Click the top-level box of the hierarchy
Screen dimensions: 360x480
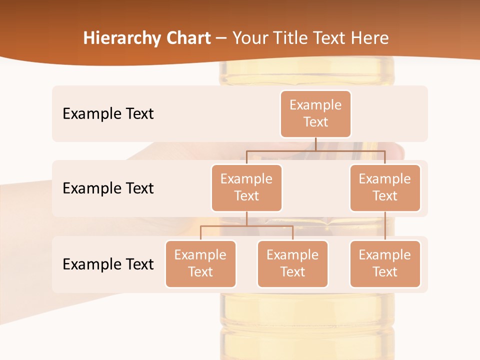315,113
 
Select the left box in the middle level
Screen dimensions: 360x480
246,187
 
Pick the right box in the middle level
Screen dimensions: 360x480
385,187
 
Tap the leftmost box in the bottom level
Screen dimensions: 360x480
200,263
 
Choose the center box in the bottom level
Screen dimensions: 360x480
292,263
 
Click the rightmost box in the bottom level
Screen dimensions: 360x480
385,263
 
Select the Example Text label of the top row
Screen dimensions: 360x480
108,113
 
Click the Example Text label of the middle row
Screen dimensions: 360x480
108,188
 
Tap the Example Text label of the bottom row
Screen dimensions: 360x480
108,264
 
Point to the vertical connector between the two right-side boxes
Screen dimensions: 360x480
385,225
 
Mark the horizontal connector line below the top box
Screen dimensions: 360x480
315,150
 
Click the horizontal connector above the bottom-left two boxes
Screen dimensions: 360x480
246,226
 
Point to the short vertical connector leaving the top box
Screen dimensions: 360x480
315,144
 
